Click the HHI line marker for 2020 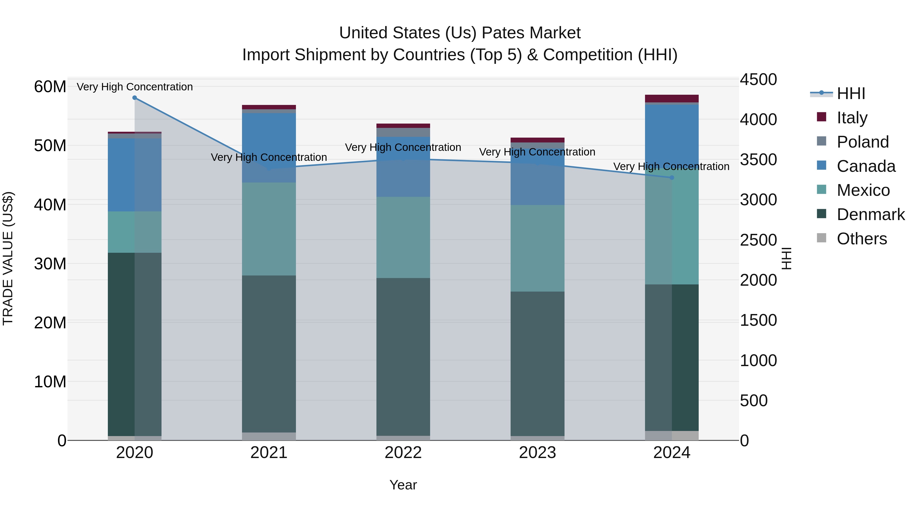[135, 98]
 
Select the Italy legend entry [852, 118]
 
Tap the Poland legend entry [862, 142]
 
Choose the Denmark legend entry [870, 215]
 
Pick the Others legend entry [861, 239]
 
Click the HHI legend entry [851, 93]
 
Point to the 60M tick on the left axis [50, 87]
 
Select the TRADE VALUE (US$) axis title [8, 258]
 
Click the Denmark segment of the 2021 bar [269, 353]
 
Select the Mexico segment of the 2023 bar [537, 248]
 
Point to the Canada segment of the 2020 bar [135, 175]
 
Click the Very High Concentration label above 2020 [135, 87]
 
